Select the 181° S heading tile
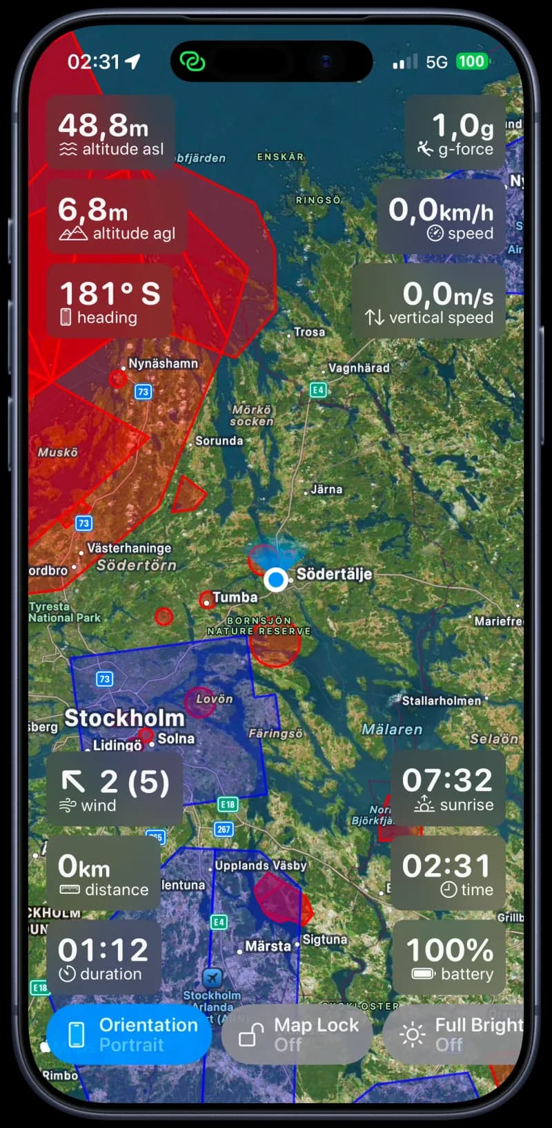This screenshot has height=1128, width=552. pos(109,302)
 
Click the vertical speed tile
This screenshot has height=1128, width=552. pos(429,302)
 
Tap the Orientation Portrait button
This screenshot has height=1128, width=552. pos(129,1034)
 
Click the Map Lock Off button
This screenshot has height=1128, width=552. pos(297,1034)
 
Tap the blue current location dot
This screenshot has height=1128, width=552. pos(276,580)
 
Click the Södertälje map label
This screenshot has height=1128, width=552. pos(334,574)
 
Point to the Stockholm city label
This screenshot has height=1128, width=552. pos(124,718)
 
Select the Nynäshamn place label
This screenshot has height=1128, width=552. pos(163,363)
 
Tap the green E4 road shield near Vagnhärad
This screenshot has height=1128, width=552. pos(317,390)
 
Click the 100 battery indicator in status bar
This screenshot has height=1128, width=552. pos(471,61)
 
